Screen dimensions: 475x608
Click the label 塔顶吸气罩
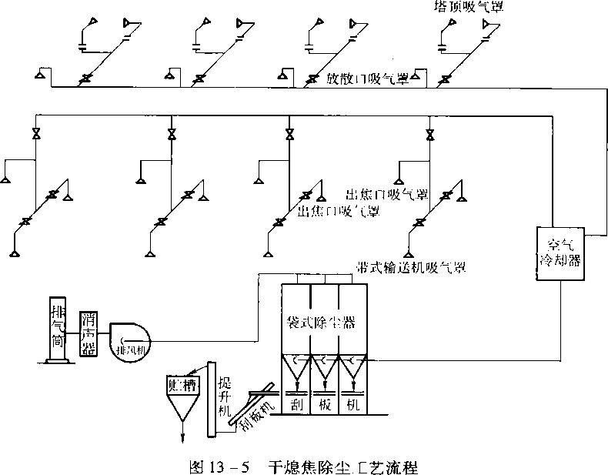point(464,8)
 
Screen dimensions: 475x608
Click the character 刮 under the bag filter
point(296,404)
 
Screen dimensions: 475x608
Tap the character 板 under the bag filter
point(325,404)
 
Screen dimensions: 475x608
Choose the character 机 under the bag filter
point(353,404)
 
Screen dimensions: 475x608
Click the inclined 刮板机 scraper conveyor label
point(256,412)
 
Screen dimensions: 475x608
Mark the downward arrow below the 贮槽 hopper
point(183,436)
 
